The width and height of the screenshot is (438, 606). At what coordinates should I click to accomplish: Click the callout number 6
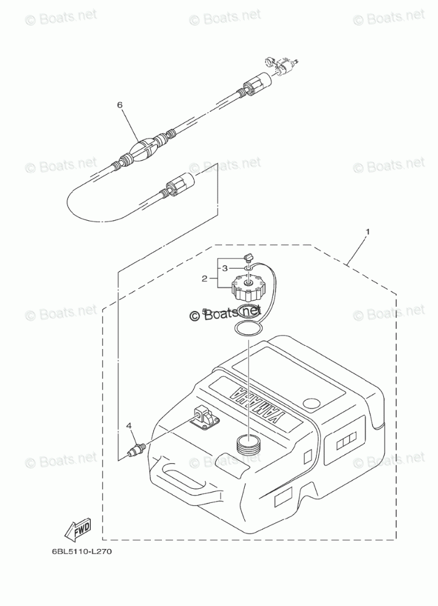coord(120,105)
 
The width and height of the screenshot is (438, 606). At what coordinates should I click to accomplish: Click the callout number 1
coord(367,232)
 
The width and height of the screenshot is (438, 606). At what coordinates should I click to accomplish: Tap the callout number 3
coord(225,268)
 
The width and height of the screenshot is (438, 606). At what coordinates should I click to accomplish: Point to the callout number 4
coord(129,424)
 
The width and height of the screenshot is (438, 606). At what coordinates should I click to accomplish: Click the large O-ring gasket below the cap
coord(248,329)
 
